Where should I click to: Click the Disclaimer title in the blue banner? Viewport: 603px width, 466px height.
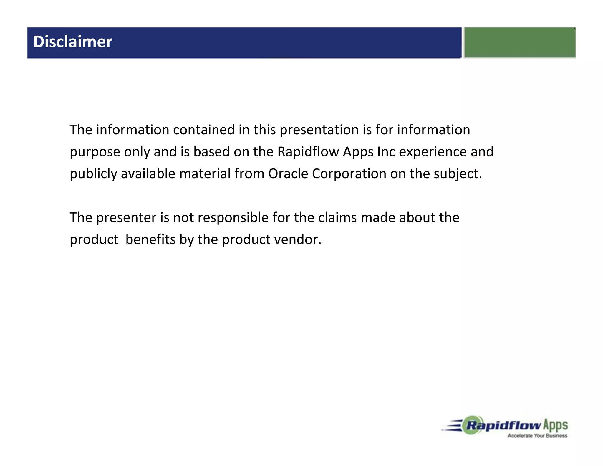pos(72,42)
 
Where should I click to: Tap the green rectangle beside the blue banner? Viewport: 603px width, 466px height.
pos(520,42)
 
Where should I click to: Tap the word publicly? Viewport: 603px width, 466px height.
pos(93,174)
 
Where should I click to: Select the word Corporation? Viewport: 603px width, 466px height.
pos(349,174)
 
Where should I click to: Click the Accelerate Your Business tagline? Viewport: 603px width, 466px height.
pos(537,436)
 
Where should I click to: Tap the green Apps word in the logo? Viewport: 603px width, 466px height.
pos(555,425)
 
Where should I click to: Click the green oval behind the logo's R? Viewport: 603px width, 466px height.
pos(473,425)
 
